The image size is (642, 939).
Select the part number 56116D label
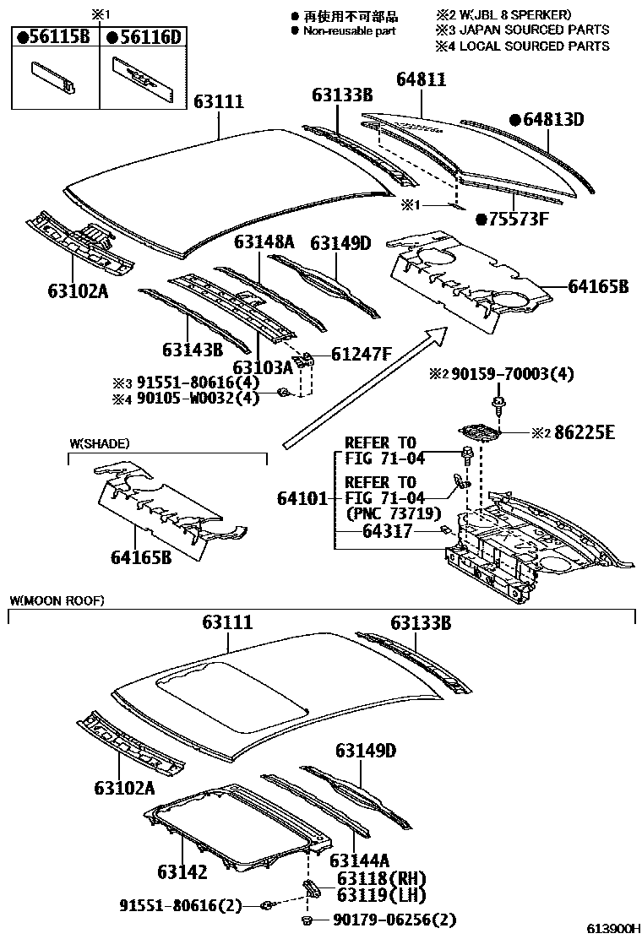pos(144,36)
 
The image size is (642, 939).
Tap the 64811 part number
pos(422,80)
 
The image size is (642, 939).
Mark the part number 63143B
pos(193,349)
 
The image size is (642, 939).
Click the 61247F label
pos(361,354)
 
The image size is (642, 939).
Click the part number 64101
pos(302,498)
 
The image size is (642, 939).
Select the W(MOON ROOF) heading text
pos(57,600)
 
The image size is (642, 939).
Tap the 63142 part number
pos(181,871)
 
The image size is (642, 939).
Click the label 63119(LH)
pos(381,895)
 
